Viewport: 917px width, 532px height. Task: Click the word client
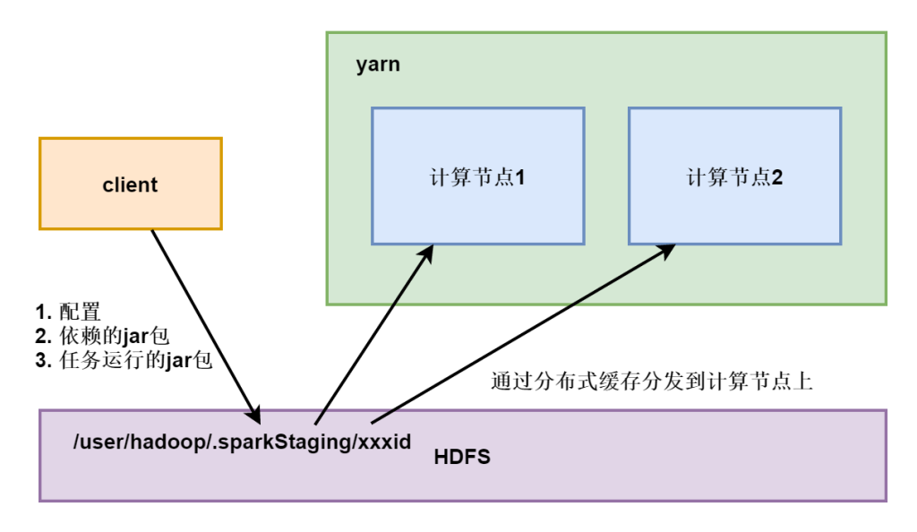coord(131,185)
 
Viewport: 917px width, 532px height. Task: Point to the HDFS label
coord(462,458)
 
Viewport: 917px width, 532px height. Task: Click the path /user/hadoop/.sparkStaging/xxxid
coord(243,442)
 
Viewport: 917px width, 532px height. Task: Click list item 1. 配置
coord(68,313)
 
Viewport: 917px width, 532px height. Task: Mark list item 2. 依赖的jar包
coord(102,337)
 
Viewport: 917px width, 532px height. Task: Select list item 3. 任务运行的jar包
coord(124,361)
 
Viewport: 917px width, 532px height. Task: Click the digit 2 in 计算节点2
coord(777,177)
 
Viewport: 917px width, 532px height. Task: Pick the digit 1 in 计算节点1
coord(519,177)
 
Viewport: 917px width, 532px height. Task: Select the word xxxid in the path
coord(387,442)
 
